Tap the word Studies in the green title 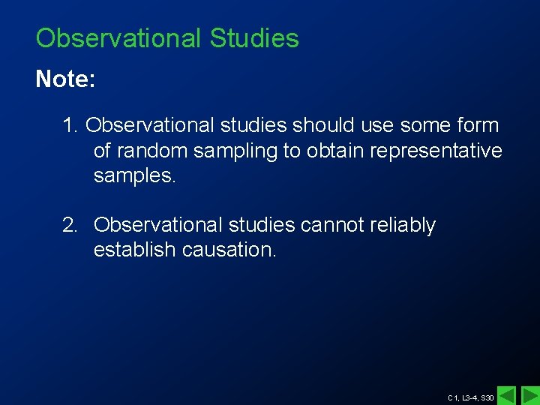[x=254, y=38]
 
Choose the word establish [x=134, y=250]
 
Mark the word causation [x=229, y=250]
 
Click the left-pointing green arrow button [x=507, y=394]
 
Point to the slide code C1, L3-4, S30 [x=470, y=397]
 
